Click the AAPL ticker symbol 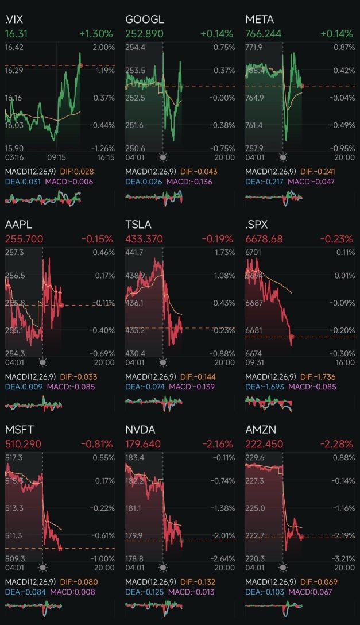pyautogui.click(x=18, y=225)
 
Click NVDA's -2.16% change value pyautogui.click(x=218, y=444)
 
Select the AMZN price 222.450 pyautogui.click(x=266, y=444)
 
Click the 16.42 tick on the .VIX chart pyautogui.click(x=14, y=47)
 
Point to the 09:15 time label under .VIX pyautogui.click(x=56, y=157)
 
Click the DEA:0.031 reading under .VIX pyautogui.click(x=20, y=182)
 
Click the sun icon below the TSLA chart pyautogui.click(x=162, y=362)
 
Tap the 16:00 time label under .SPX pyautogui.click(x=344, y=362)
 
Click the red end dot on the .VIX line pyautogui.click(x=80, y=65)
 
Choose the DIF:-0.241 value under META pyautogui.click(x=315, y=171)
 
